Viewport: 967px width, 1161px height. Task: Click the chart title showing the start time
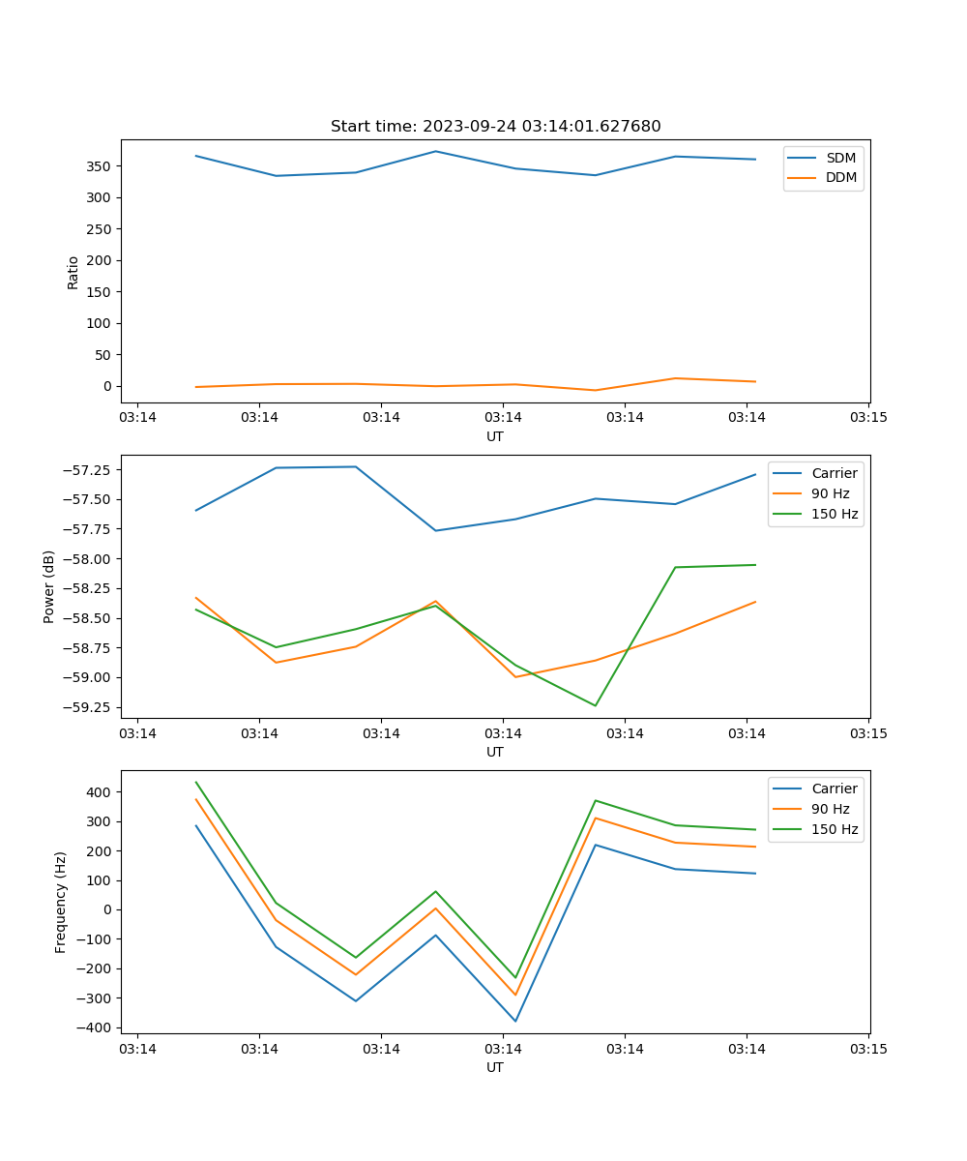click(x=495, y=127)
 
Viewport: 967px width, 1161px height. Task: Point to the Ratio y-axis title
click(x=73, y=272)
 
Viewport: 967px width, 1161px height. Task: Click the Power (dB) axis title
click(x=49, y=586)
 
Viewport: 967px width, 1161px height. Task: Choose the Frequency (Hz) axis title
click(x=61, y=902)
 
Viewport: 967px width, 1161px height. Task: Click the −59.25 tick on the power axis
click(x=87, y=707)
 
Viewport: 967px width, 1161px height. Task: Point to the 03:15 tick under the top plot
click(x=867, y=418)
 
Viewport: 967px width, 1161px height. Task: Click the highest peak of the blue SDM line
click(x=435, y=151)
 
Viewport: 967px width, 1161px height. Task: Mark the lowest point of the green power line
click(x=595, y=705)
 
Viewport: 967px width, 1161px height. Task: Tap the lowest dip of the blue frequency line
click(x=515, y=1021)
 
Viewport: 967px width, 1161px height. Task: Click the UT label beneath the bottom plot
click(x=495, y=1067)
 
